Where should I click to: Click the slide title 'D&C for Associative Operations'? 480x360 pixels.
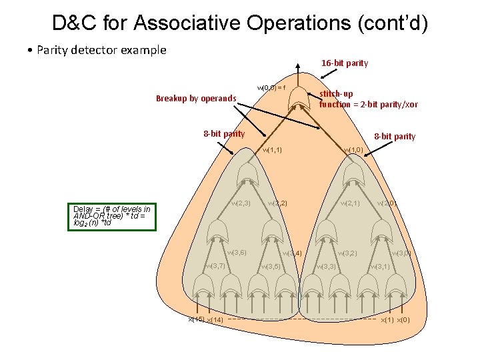240,23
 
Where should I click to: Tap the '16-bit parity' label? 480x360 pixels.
345,63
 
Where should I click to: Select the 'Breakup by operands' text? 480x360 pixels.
196,99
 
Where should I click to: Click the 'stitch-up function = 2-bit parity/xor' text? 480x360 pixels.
368,99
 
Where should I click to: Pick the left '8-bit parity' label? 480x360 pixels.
224,133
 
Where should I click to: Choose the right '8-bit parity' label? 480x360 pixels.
395,137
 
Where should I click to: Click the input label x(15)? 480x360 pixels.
195,320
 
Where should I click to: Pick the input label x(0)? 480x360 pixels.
403,320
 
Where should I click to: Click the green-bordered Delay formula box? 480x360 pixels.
111,217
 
